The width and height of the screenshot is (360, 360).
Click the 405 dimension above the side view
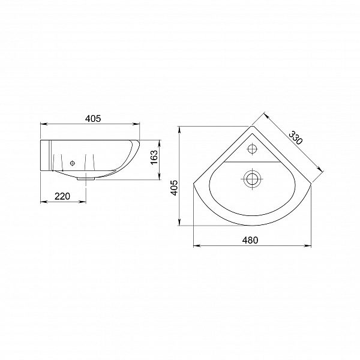pos(93,118)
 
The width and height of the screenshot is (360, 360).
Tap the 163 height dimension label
pos(154,157)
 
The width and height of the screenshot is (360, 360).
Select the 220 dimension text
pos(62,197)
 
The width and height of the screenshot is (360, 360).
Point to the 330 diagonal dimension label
pos(296,138)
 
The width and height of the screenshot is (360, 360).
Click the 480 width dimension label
pos(250,240)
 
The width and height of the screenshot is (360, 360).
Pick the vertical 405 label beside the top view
pos(175,188)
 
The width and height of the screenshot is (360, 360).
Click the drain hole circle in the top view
pos(253,179)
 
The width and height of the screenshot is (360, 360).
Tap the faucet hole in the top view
pos(253,149)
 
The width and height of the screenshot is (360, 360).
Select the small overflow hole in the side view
pos(73,163)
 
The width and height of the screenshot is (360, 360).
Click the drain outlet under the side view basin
pos(86,178)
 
